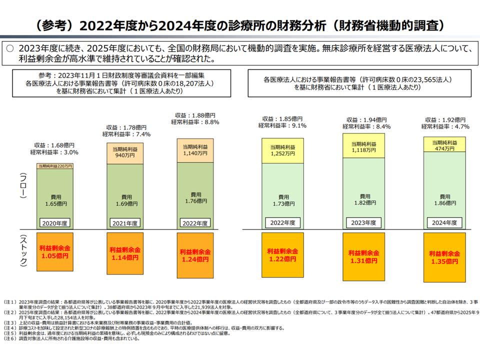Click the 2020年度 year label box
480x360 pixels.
tap(55, 222)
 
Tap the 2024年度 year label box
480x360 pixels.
tap(445, 222)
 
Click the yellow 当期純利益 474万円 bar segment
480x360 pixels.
tap(445, 144)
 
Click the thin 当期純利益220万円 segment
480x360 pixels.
tap(55, 166)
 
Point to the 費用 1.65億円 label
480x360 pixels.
tap(55, 201)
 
